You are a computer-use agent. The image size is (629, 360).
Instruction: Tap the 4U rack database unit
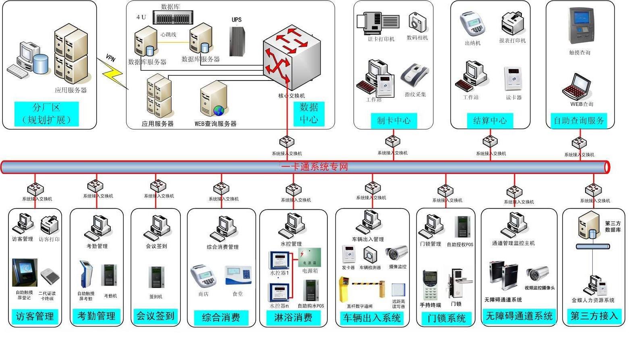pyautogui.click(x=172, y=18)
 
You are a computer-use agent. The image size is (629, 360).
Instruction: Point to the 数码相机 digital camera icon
pyautogui.click(x=418, y=22)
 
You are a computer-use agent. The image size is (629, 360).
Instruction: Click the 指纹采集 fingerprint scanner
pyautogui.click(x=415, y=75)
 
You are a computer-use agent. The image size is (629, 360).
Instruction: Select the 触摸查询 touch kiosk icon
pyautogui.click(x=580, y=27)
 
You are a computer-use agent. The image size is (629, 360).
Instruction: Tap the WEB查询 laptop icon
pyautogui.click(x=577, y=86)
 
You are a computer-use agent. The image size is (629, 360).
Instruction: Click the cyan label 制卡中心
pyautogui.click(x=393, y=120)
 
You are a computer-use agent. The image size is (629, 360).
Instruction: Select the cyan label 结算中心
pyautogui.click(x=490, y=120)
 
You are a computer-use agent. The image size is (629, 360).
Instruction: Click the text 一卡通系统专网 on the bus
pyautogui.click(x=314, y=167)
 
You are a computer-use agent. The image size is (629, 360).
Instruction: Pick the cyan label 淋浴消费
pyautogui.click(x=293, y=317)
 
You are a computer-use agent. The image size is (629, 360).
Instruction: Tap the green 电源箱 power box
pyautogui.click(x=309, y=257)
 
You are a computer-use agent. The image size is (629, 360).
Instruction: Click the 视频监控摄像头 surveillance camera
pyautogui.click(x=538, y=274)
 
